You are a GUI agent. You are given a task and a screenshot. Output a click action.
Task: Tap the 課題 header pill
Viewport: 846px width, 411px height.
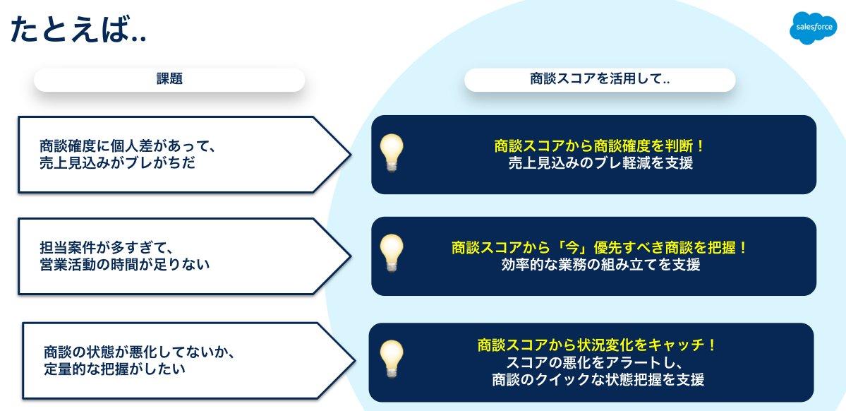point(169,79)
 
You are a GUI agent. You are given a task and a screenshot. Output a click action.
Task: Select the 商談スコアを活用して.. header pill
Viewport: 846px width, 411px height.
point(600,79)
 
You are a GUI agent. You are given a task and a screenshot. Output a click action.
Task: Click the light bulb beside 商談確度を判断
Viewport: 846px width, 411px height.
point(392,152)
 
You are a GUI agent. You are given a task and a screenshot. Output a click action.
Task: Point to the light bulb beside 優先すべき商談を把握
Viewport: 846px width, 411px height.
point(392,253)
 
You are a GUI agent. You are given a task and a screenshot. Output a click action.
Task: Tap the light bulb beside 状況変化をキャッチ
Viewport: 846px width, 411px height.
point(392,358)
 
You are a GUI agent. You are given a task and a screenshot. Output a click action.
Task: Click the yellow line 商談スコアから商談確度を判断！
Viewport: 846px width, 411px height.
point(600,145)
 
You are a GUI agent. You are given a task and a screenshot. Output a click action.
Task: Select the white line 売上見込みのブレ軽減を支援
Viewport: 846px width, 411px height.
point(600,163)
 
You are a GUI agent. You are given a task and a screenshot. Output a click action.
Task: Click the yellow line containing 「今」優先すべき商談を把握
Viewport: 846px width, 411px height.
point(599,248)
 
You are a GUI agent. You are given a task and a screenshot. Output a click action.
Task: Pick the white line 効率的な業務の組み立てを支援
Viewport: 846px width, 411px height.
point(600,266)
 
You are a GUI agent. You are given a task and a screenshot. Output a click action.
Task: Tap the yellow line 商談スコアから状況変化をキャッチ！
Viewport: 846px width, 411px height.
point(597,345)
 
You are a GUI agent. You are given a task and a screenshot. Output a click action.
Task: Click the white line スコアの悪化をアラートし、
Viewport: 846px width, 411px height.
point(597,362)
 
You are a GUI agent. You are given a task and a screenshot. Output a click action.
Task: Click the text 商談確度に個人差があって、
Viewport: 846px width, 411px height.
point(127,146)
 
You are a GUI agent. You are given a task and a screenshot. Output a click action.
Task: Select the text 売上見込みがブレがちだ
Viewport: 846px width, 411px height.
point(117,163)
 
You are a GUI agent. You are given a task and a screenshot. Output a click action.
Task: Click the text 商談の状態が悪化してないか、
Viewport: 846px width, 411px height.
point(138,351)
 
